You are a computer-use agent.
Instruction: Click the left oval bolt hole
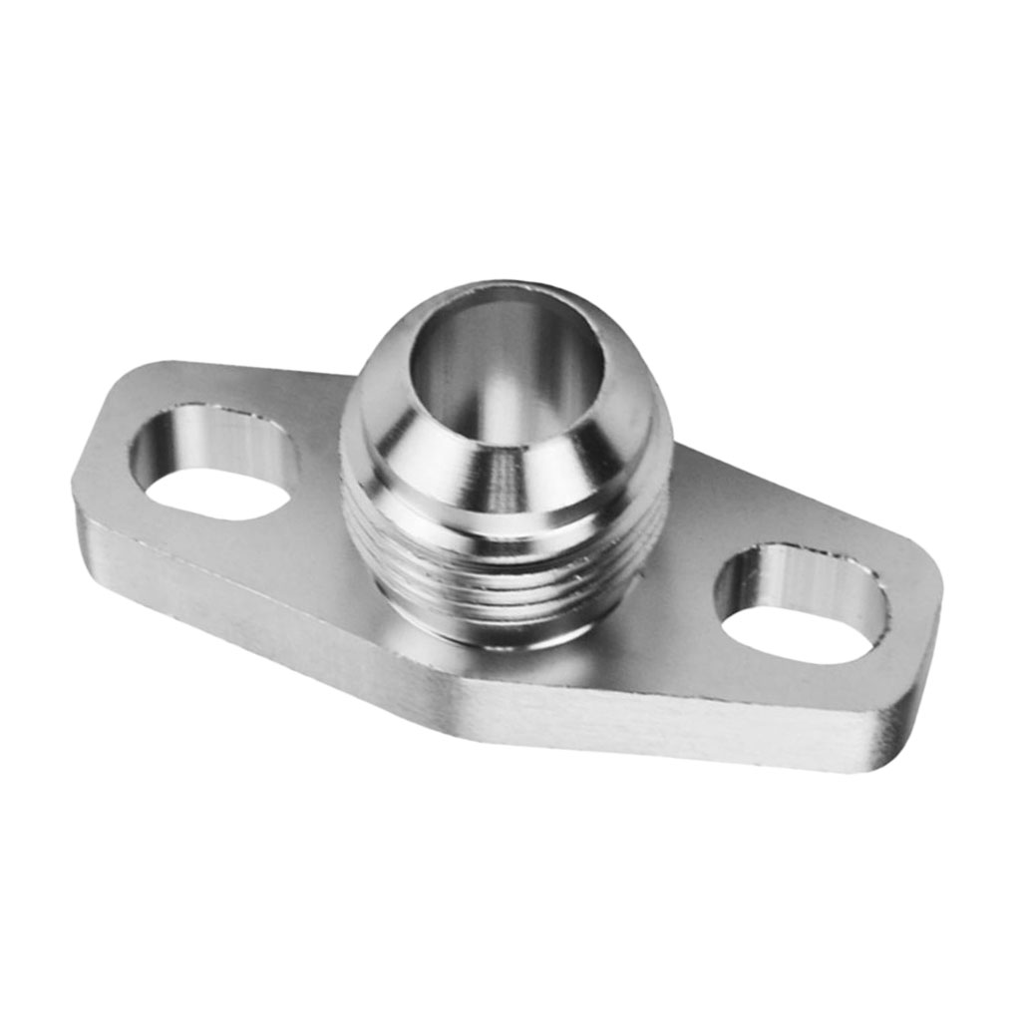[x=213, y=464]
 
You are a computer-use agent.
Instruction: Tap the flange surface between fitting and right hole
[x=688, y=558]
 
